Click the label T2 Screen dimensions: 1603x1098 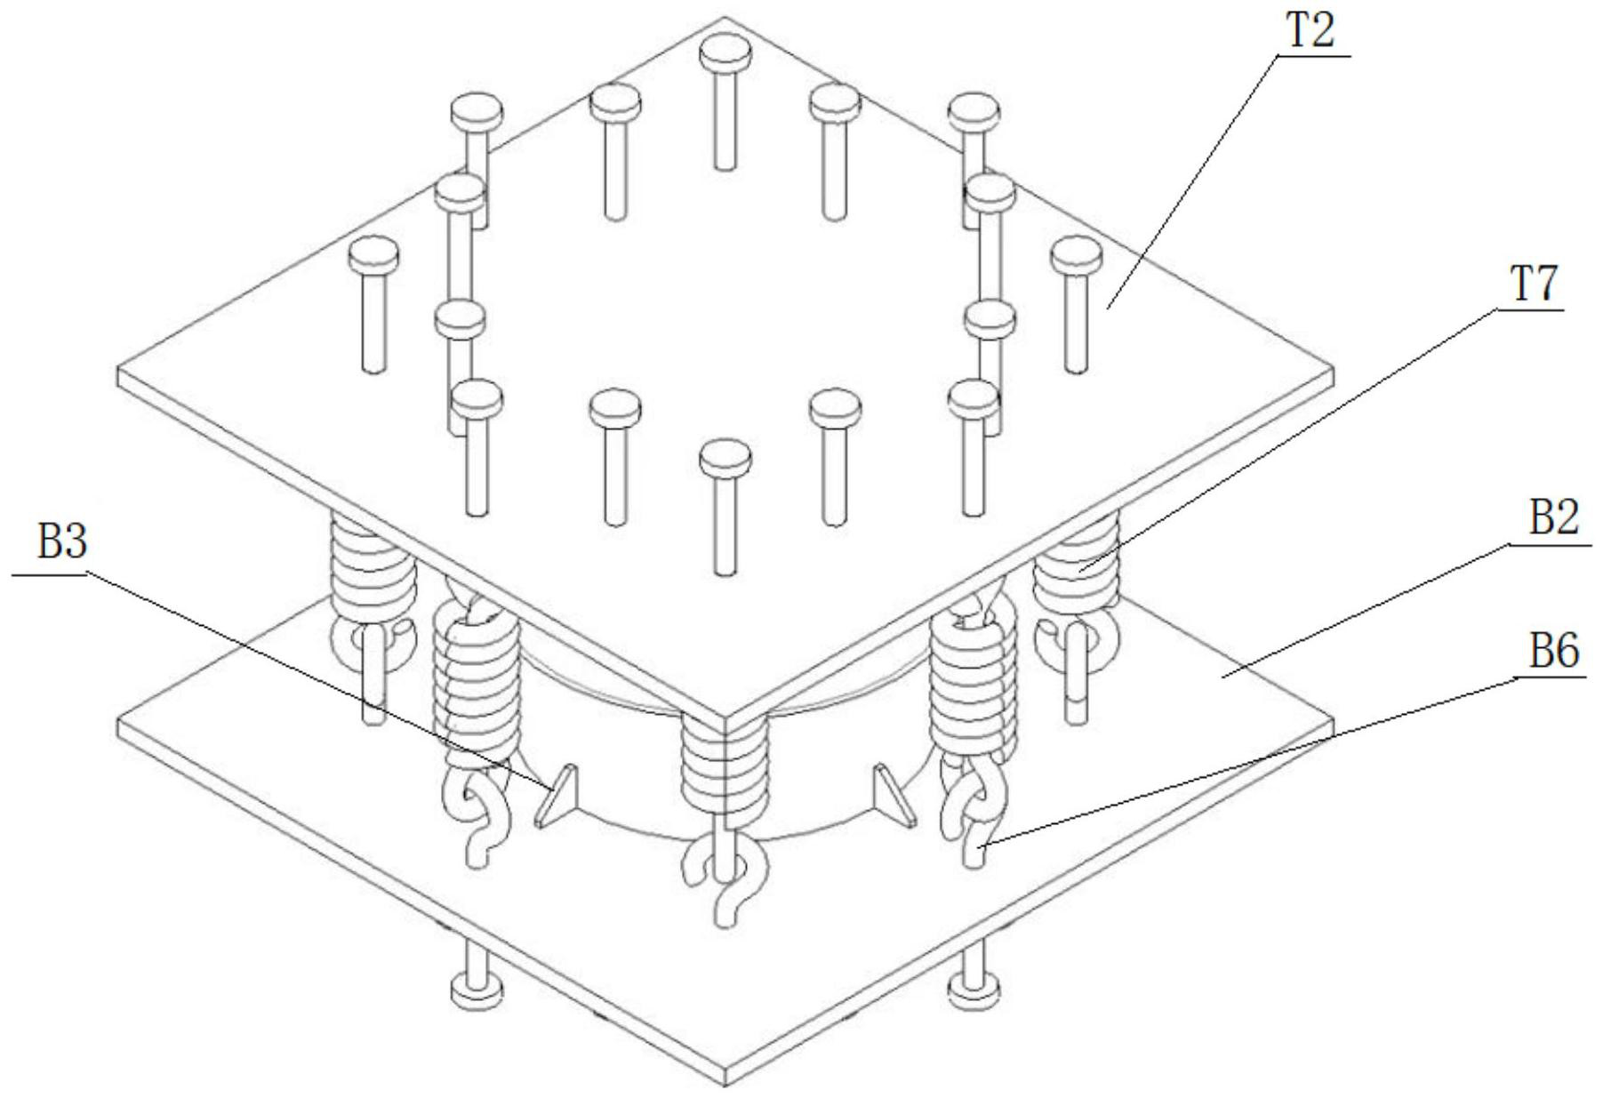1310,32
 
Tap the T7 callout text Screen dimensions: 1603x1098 1529,286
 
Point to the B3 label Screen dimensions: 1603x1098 62,542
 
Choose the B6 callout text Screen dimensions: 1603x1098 1553,652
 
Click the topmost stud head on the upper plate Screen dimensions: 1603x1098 725,54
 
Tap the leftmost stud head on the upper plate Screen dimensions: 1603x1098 373,255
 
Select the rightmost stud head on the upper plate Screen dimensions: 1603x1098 1076,255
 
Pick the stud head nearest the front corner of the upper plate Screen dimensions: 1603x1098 725,458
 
